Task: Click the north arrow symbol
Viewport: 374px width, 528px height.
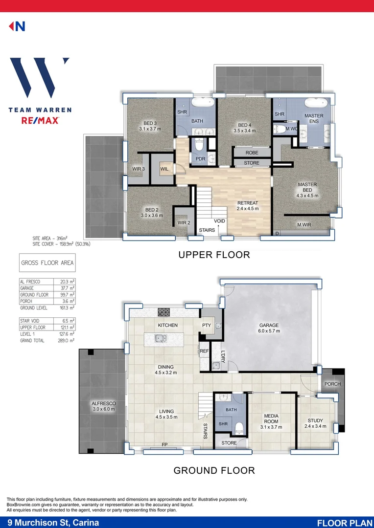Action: pos(17,26)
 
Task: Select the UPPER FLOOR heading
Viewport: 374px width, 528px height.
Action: pos(214,255)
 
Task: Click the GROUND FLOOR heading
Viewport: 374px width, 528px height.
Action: pos(214,470)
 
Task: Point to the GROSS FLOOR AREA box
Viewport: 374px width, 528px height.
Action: pos(47,263)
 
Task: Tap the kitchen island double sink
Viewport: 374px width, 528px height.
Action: pos(160,338)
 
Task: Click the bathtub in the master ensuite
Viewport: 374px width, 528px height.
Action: pos(316,104)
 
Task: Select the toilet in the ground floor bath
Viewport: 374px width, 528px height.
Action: pos(239,427)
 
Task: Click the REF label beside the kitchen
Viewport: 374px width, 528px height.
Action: pos(204,351)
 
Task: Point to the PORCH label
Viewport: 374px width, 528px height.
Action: pos(332,384)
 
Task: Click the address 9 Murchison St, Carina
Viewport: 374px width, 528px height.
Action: pos(53,523)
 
